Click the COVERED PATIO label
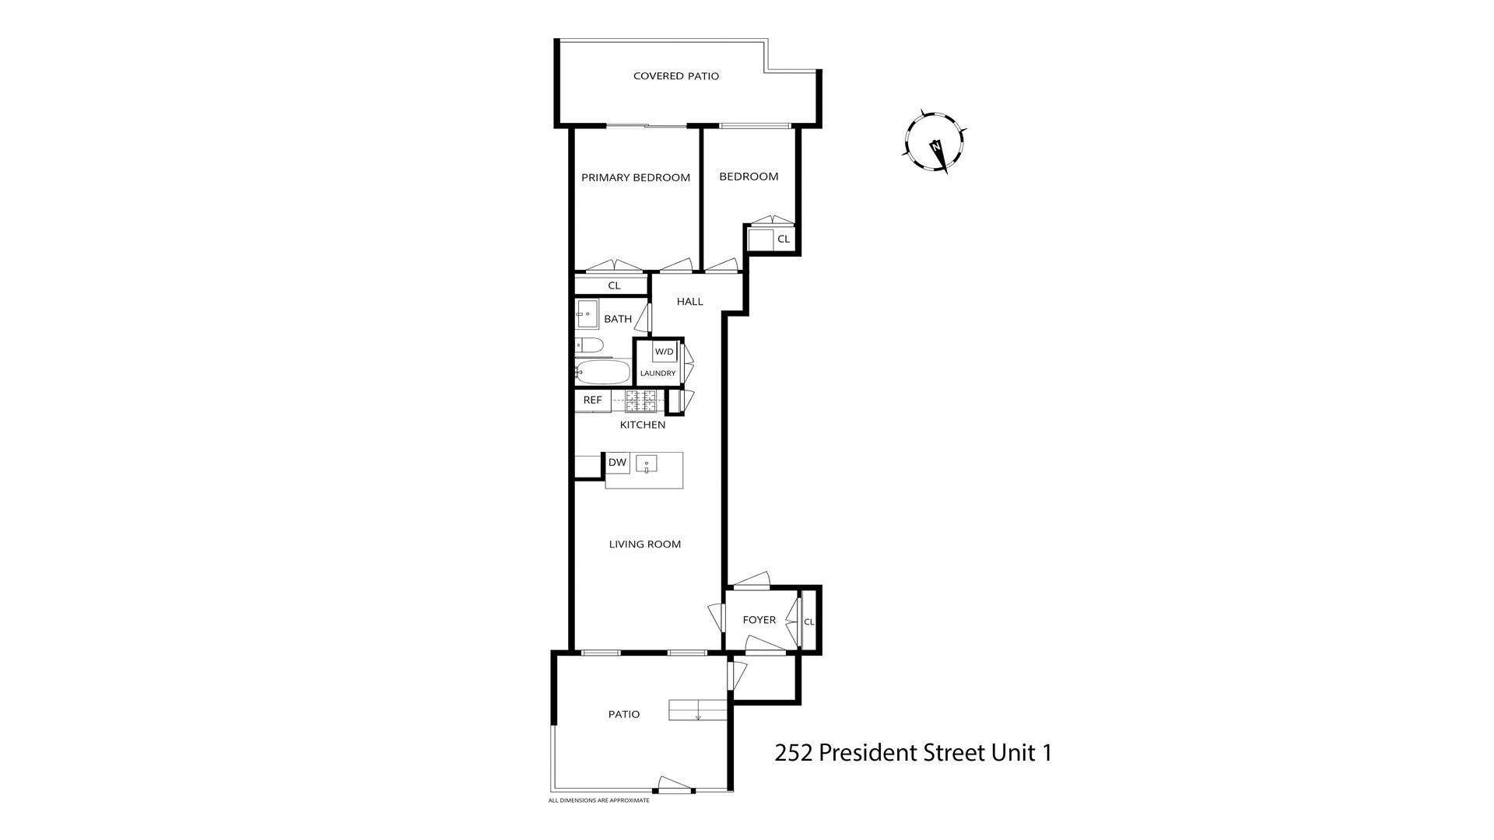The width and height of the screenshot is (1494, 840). pos(675,76)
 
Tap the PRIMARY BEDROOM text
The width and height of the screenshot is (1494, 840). pos(636,177)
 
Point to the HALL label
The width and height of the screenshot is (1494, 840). pos(689,302)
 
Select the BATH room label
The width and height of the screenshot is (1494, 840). pos(618,319)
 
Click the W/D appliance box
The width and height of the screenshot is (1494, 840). pos(664,352)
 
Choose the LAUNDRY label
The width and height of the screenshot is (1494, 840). pos(658,373)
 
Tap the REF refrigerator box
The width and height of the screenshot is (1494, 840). pos(592,401)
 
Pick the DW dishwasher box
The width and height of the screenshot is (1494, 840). pos(617,463)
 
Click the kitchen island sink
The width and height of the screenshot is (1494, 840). pos(646,464)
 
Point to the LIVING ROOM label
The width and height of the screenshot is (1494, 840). pos(644,544)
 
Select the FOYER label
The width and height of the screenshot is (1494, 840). pos(759,620)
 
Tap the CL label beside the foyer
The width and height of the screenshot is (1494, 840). pos(808,621)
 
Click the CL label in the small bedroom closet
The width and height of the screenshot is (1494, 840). pos(784,239)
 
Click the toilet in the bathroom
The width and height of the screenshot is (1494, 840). pos(589,345)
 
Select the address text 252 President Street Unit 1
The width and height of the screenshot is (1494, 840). pos(913,753)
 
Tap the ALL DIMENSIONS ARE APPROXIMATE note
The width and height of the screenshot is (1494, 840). pos(598,800)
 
